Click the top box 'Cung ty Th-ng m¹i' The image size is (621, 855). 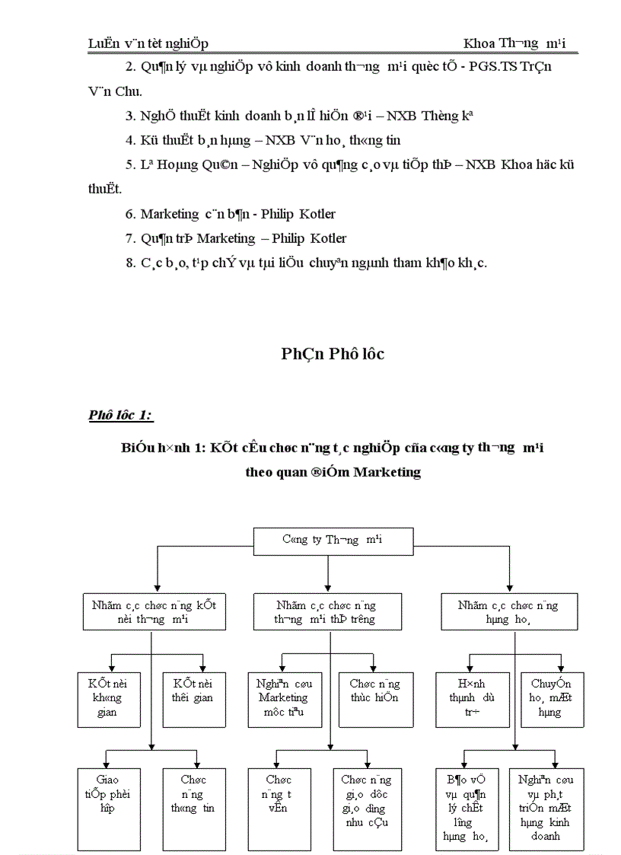(332, 541)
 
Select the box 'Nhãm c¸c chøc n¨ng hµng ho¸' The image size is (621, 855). (508, 613)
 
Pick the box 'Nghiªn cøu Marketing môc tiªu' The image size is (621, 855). (282, 697)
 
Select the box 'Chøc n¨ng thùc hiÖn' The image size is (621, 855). (370, 691)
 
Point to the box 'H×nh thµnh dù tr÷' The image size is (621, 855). (464, 697)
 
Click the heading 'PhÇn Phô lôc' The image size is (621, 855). (333, 354)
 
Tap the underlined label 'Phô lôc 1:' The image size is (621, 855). (120, 415)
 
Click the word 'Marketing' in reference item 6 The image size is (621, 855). (169, 215)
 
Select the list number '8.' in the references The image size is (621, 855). (132, 263)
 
